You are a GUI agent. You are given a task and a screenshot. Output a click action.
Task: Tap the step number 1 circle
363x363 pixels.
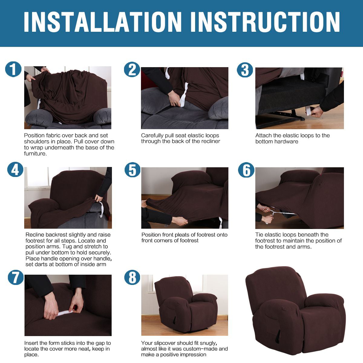pyautogui.click(x=13, y=69)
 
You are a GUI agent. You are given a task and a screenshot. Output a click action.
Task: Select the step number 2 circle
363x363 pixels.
pyautogui.click(x=132, y=70)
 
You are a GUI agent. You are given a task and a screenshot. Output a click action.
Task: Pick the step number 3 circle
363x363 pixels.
pyautogui.click(x=245, y=70)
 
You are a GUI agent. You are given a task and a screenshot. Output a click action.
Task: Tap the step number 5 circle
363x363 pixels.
pyautogui.click(x=132, y=170)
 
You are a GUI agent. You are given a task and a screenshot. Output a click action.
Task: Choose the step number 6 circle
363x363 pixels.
pyautogui.click(x=246, y=170)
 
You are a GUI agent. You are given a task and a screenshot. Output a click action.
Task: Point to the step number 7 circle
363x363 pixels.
pyautogui.click(x=15, y=277)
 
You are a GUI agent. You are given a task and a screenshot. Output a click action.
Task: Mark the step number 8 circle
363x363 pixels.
pyautogui.click(x=132, y=277)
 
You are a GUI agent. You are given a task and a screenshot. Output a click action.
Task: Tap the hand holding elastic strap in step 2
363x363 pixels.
pyautogui.click(x=175, y=98)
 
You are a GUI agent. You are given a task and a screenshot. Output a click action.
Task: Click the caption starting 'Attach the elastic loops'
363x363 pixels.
pyautogui.click(x=292, y=138)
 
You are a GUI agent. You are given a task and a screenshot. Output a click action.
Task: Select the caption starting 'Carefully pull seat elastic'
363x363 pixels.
pyautogui.click(x=180, y=138)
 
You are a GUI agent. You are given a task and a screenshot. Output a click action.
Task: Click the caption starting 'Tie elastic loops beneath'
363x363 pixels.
pyautogui.click(x=298, y=240)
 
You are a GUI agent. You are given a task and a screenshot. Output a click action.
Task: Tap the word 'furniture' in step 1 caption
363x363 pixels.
pyautogui.click(x=35, y=153)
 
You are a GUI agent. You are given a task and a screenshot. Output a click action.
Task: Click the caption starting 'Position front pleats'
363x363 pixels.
pyautogui.click(x=184, y=237)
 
